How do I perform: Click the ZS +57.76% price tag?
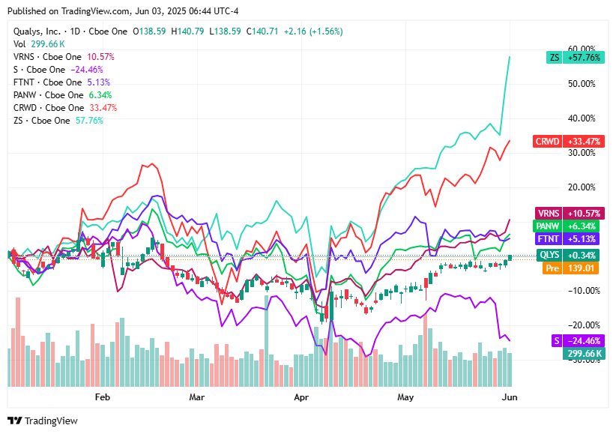576,56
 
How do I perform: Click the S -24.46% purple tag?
576,340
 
